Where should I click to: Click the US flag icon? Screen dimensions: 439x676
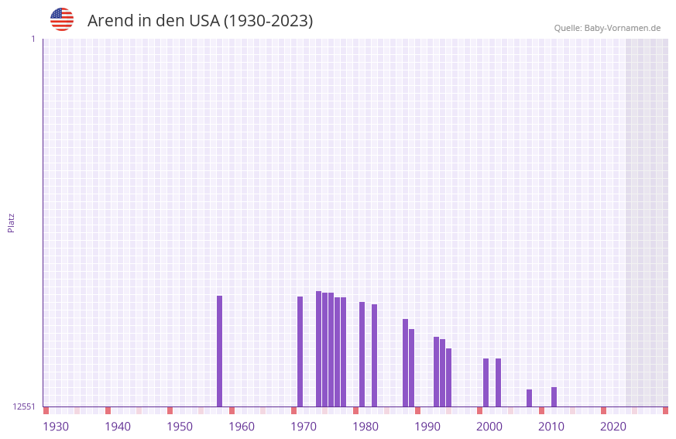pos(62,19)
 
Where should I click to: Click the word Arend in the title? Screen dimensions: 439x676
pos(110,21)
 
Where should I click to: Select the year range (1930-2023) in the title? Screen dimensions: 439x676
pos(269,21)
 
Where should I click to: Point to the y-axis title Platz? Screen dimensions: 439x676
pos(11,222)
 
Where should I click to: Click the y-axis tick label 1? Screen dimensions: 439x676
pos(33,39)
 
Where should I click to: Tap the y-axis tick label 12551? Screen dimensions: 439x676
pos(24,406)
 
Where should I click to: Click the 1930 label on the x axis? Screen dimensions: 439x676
pos(56,427)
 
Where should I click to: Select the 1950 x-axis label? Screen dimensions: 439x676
pos(180,427)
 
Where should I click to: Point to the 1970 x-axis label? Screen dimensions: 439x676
pos(304,427)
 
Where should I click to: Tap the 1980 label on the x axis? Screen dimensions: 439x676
pos(365,427)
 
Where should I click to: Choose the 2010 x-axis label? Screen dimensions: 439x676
pos(551,427)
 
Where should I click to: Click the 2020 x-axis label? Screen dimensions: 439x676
pos(613,427)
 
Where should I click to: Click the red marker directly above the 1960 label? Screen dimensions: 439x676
pos(232,410)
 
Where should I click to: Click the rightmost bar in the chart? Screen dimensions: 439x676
pos(554,396)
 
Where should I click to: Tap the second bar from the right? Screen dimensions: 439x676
pos(529,398)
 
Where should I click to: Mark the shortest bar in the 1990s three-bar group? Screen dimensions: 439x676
pos(448,377)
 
